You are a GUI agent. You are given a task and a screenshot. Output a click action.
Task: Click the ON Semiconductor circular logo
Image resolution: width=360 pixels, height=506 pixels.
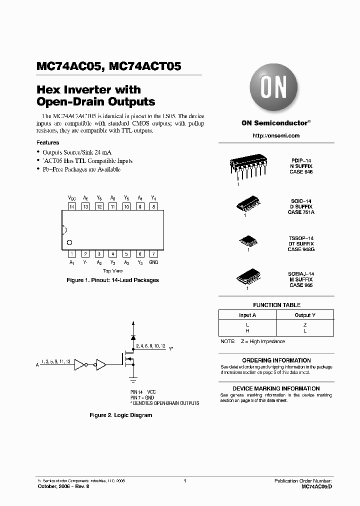coord(273,88)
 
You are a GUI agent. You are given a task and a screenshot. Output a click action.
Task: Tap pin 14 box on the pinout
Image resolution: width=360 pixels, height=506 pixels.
coord(71,206)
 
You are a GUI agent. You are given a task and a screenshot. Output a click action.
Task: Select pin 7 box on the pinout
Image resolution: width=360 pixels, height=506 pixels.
coord(153,254)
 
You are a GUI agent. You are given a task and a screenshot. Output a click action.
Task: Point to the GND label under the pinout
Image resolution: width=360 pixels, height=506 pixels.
coord(153,262)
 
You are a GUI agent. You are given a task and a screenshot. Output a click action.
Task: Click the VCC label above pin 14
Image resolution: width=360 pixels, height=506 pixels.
coord(71,198)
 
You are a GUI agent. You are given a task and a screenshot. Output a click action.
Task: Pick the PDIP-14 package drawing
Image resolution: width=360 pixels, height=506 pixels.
coord(249,165)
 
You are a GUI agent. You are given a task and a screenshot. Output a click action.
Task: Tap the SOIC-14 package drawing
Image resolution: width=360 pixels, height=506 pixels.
coord(249,204)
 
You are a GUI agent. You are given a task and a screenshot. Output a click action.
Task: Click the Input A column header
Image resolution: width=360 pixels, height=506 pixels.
coord(247,315)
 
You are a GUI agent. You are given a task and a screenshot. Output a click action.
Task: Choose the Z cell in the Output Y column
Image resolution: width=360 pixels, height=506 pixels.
coord(304,324)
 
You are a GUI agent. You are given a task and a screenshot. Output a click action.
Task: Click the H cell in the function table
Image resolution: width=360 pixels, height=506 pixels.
coord(247,331)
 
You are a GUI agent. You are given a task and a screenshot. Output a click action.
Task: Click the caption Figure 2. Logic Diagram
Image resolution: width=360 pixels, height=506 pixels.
coord(120,415)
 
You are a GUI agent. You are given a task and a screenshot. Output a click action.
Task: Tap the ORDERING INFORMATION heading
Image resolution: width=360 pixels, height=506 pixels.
coord(276,360)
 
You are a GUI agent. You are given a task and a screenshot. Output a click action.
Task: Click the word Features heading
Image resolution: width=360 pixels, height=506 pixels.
coord(48,142)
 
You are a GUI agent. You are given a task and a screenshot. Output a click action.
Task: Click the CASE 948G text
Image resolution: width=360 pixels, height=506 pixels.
coord(301,249)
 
